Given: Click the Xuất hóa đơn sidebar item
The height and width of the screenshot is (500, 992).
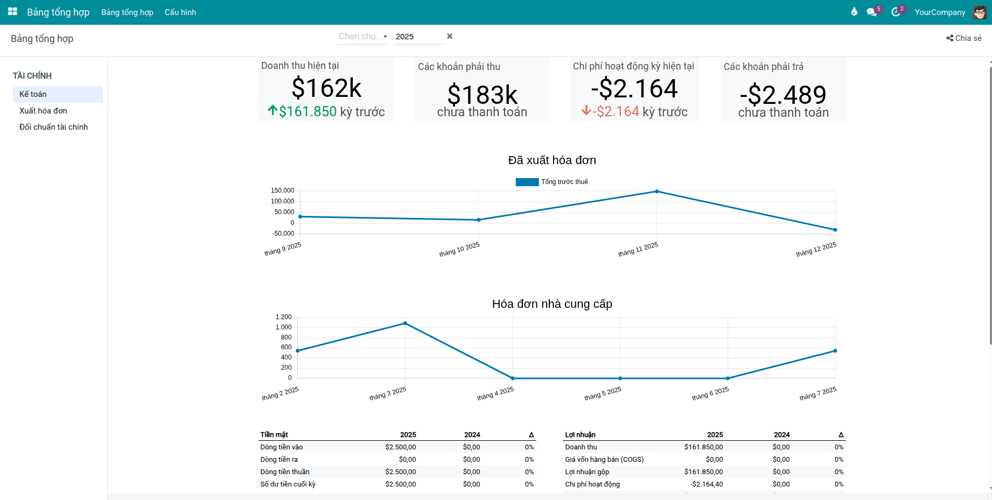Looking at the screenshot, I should (43, 111).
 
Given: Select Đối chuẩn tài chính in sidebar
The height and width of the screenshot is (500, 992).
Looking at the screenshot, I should (53, 127).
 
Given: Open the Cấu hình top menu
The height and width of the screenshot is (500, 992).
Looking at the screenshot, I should (180, 12).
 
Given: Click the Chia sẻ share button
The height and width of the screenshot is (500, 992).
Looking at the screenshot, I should (964, 38).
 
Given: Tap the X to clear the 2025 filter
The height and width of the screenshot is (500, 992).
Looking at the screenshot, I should (450, 36).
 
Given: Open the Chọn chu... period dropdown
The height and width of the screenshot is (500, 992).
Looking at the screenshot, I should (362, 37).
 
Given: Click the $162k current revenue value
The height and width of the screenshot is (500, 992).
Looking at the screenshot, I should (326, 88).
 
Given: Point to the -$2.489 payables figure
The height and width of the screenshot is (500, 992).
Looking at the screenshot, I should (783, 95).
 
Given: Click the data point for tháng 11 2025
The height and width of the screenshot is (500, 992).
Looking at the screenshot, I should (656, 192).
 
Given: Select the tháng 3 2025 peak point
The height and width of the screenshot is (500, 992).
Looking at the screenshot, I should (405, 323).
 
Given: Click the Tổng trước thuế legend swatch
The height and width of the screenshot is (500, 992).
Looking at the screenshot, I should (527, 182).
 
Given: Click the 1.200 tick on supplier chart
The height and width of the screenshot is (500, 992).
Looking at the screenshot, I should (283, 317).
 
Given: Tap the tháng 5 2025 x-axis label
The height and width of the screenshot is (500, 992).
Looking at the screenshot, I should (603, 394).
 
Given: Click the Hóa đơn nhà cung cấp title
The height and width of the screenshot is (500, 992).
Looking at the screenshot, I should (552, 304).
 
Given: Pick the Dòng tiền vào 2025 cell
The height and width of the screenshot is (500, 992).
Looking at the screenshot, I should (400, 447).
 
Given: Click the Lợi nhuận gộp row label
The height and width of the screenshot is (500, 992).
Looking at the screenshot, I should (587, 472).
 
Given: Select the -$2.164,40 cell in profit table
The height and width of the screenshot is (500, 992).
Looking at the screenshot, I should (706, 484).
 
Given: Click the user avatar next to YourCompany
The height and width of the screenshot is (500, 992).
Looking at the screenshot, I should (979, 12).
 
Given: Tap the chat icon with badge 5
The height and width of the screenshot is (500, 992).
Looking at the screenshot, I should (871, 12).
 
